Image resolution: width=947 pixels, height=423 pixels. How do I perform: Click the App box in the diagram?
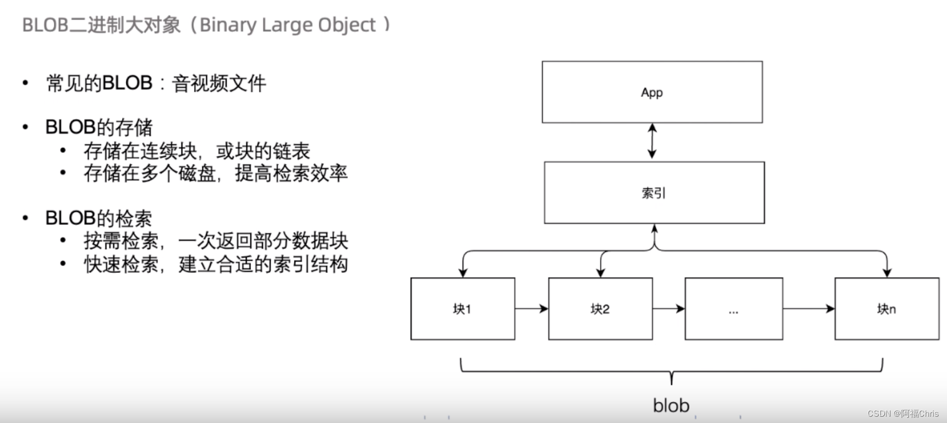click(652, 92)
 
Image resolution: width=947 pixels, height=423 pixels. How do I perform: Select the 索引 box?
click(654, 192)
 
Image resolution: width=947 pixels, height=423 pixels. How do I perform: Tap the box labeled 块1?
click(462, 309)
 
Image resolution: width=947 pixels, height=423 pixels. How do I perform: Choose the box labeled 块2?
click(600, 309)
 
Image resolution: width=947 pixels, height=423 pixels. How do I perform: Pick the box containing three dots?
click(734, 309)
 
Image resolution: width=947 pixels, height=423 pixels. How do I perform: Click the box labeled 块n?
click(886, 309)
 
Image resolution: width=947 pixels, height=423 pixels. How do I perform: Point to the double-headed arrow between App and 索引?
click(652, 142)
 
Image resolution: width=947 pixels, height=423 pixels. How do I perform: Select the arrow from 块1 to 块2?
click(532, 308)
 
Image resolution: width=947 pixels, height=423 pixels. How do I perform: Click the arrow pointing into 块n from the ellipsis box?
click(809, 308)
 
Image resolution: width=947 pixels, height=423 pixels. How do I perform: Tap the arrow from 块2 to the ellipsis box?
click(669, 308)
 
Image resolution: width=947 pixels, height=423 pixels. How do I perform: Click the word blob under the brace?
click(671, 406)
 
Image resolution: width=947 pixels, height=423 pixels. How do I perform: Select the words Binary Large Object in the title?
click(287, 25)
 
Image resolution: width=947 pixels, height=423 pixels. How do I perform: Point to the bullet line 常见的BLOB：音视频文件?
click(156, 83)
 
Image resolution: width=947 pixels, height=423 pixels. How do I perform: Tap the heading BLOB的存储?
click(99, 127)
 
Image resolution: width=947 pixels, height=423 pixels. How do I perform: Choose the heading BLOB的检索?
click(99, 218)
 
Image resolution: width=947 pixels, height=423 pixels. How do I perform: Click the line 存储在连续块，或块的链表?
click(197, 151)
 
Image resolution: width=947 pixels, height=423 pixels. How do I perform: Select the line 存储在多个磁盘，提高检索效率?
click(216, 173)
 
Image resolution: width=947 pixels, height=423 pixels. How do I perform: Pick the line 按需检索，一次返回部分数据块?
click(216, 241)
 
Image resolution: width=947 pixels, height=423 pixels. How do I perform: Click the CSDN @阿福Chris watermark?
click(903, 413)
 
